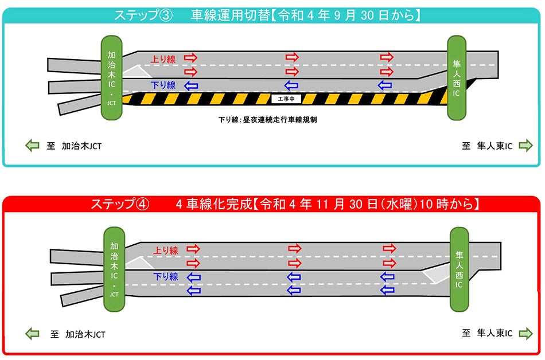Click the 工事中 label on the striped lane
tap(286, 99)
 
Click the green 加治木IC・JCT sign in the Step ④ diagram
tap(114, 268)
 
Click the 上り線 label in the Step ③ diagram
tap(163, 58)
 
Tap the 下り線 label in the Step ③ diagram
tap(163, 85)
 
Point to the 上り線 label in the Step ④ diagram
tap(166, 251)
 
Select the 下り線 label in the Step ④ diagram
tap(166, 277)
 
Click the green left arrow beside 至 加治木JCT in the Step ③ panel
tap(32, 146)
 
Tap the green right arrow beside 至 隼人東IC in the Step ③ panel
tap(525, 146)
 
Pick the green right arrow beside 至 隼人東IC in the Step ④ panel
tap(525, 332)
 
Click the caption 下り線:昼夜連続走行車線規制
tap(268, 121)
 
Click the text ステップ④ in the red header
tap(120, 204)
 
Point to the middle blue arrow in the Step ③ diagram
tap(291, 85)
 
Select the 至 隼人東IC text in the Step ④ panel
tap(487, 332)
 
